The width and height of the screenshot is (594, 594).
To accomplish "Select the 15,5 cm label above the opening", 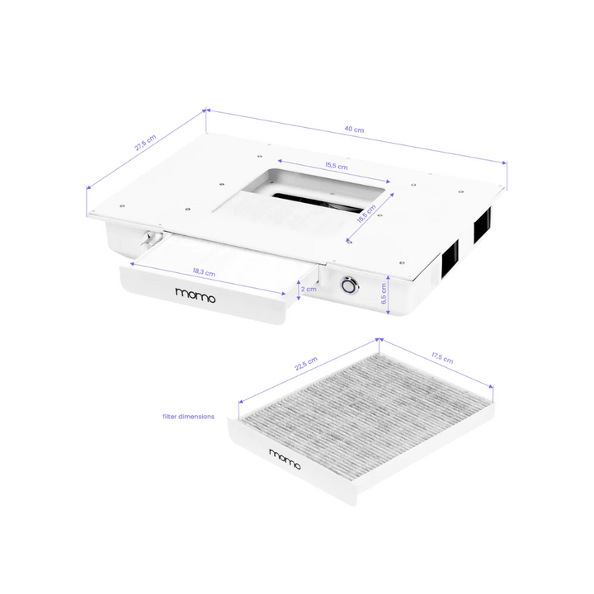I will pyautogui.click(x=336, y=166).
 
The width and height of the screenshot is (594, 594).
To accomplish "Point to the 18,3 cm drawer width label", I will pyautogui.click(x=204, y=272).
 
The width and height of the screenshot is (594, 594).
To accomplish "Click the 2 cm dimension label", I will pyautogui.click(x=309, y=290).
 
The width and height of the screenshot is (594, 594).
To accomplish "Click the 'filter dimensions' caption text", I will pyautogui.click(x=188, y=417).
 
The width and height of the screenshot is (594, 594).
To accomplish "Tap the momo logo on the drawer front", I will pyautogui.click(x=196, y=294).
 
